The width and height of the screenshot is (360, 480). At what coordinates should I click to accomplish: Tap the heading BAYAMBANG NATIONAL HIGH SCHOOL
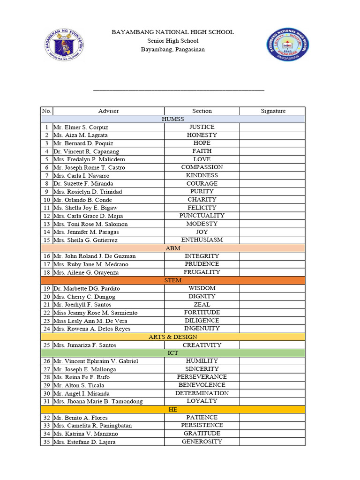point(172,32)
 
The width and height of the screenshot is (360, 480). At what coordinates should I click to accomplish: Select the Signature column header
point(273,111)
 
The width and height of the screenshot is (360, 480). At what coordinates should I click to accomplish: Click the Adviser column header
point(108,111)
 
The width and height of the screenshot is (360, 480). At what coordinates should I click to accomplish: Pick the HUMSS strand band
point(172,119)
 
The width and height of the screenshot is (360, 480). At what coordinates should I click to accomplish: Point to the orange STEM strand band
point(172,280)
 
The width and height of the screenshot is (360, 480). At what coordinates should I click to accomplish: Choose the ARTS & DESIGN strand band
point(172,337)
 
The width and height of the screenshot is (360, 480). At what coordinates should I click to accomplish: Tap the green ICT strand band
point(172,353)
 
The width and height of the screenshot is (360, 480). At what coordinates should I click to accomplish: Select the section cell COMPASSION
point(202,167)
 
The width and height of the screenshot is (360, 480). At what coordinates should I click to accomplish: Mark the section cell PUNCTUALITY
point(202,216)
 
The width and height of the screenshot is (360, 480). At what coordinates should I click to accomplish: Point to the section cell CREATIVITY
point(202,345)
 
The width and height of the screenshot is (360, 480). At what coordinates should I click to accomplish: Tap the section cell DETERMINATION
point(202,393)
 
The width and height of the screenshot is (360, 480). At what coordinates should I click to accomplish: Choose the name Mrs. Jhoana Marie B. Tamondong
point(98,401)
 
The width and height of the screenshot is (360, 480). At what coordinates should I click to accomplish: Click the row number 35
point(46,442)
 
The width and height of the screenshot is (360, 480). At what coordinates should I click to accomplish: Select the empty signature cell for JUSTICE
point(272,127)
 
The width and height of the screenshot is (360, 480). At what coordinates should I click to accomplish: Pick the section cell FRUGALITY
point(202,272)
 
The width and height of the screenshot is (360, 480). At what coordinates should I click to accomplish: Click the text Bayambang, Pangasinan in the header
point(172,49)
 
